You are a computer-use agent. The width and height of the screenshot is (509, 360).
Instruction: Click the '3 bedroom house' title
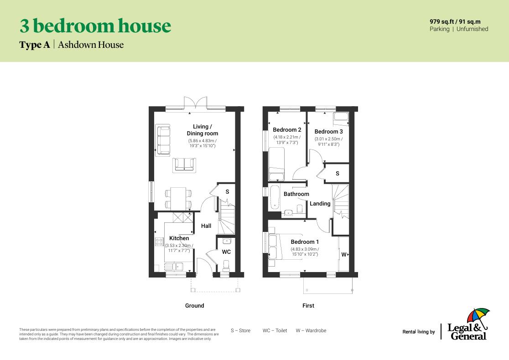point(95,26)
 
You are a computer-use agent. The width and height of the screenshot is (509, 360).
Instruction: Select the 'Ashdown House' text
point(91,45)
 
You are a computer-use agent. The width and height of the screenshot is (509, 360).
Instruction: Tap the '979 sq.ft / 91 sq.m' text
point(455,21)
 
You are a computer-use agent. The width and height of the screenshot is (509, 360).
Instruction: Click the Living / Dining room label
point(202,130)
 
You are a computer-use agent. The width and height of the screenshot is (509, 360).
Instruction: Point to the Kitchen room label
point(179,238)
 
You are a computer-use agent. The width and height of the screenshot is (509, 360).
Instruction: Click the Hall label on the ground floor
point(206,226)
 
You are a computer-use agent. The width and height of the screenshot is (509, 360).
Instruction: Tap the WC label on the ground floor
point(226,252)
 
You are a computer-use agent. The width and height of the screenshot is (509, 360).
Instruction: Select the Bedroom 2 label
point(287,130)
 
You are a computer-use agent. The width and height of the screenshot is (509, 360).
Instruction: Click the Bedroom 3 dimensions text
point(328,142)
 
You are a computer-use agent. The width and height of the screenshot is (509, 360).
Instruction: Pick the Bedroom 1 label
point(305,242)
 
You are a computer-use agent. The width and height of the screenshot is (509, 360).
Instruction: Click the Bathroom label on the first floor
point(296,194)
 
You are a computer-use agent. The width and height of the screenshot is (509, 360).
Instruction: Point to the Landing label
point(320,204)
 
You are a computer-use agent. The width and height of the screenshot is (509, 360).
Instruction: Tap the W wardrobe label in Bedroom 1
point(344,255)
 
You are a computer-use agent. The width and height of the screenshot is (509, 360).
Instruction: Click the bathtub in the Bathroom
point(274,197)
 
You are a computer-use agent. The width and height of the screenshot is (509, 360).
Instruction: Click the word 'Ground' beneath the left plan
point(194,306)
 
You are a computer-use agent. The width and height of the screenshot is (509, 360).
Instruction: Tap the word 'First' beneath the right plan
point(308,306)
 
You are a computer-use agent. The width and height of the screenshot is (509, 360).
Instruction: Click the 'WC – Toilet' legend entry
point(275,331)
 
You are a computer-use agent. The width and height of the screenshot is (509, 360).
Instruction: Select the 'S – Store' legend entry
point(240,331)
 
